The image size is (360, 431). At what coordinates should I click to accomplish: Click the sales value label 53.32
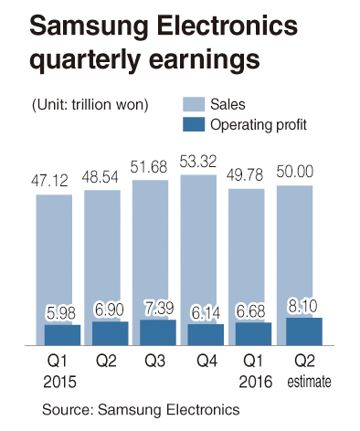pos(198,162)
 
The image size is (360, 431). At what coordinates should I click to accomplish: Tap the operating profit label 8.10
pos(302,307)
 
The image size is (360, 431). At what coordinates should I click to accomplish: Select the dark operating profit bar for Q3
pos(158,332)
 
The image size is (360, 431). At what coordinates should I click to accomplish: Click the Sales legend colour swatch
pos(194,104)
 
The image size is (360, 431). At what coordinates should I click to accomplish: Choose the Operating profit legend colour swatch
pos(194,124)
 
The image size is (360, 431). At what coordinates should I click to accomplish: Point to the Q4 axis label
pos(207,361)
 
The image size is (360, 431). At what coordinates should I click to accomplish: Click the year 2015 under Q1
pos(59,382)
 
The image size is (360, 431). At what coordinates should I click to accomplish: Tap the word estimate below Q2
pos(309,382)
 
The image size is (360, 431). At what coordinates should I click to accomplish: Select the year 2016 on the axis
pos(255,382)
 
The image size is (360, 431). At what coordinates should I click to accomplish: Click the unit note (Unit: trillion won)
pos(90,105)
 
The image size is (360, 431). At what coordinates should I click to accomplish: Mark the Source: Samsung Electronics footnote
pos(141,409)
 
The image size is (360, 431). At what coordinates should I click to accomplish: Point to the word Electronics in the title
pos(228,26)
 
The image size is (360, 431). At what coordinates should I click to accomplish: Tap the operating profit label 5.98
pos(60,313)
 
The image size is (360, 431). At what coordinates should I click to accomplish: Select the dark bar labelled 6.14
pos(206,334)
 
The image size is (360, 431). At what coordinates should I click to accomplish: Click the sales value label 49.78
pos(246,175)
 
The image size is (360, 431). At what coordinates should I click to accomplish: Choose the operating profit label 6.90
pos(109,310)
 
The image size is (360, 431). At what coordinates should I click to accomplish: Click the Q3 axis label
pos(154,361)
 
